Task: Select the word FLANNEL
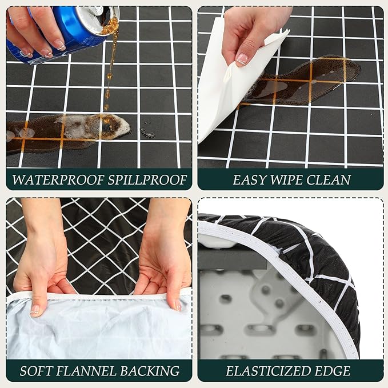click(89, 371)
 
